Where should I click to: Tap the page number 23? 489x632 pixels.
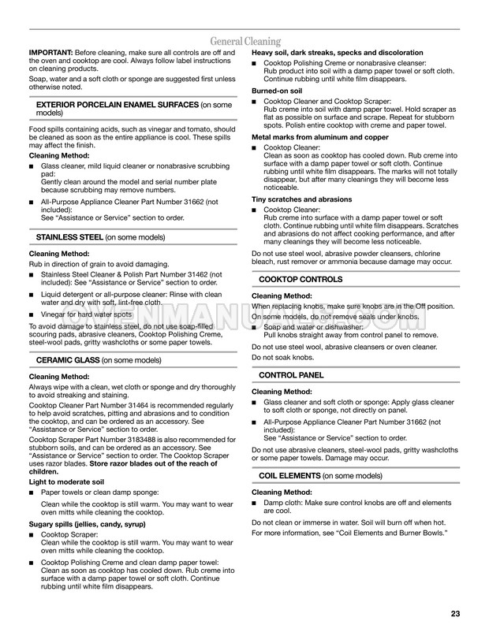click(x=455, y=614)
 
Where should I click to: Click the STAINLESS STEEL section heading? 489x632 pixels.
click(x=69, y=236)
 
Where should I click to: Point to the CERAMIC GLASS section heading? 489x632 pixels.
click(x=69, y=359)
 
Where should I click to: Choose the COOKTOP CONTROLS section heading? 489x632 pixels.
click(x=301, y=280)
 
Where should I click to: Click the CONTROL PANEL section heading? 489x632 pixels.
click(x=291, y=375)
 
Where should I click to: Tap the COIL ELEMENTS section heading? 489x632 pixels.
click(x=289, y=476)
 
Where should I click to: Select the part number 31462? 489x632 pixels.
click(x=191, y=274)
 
